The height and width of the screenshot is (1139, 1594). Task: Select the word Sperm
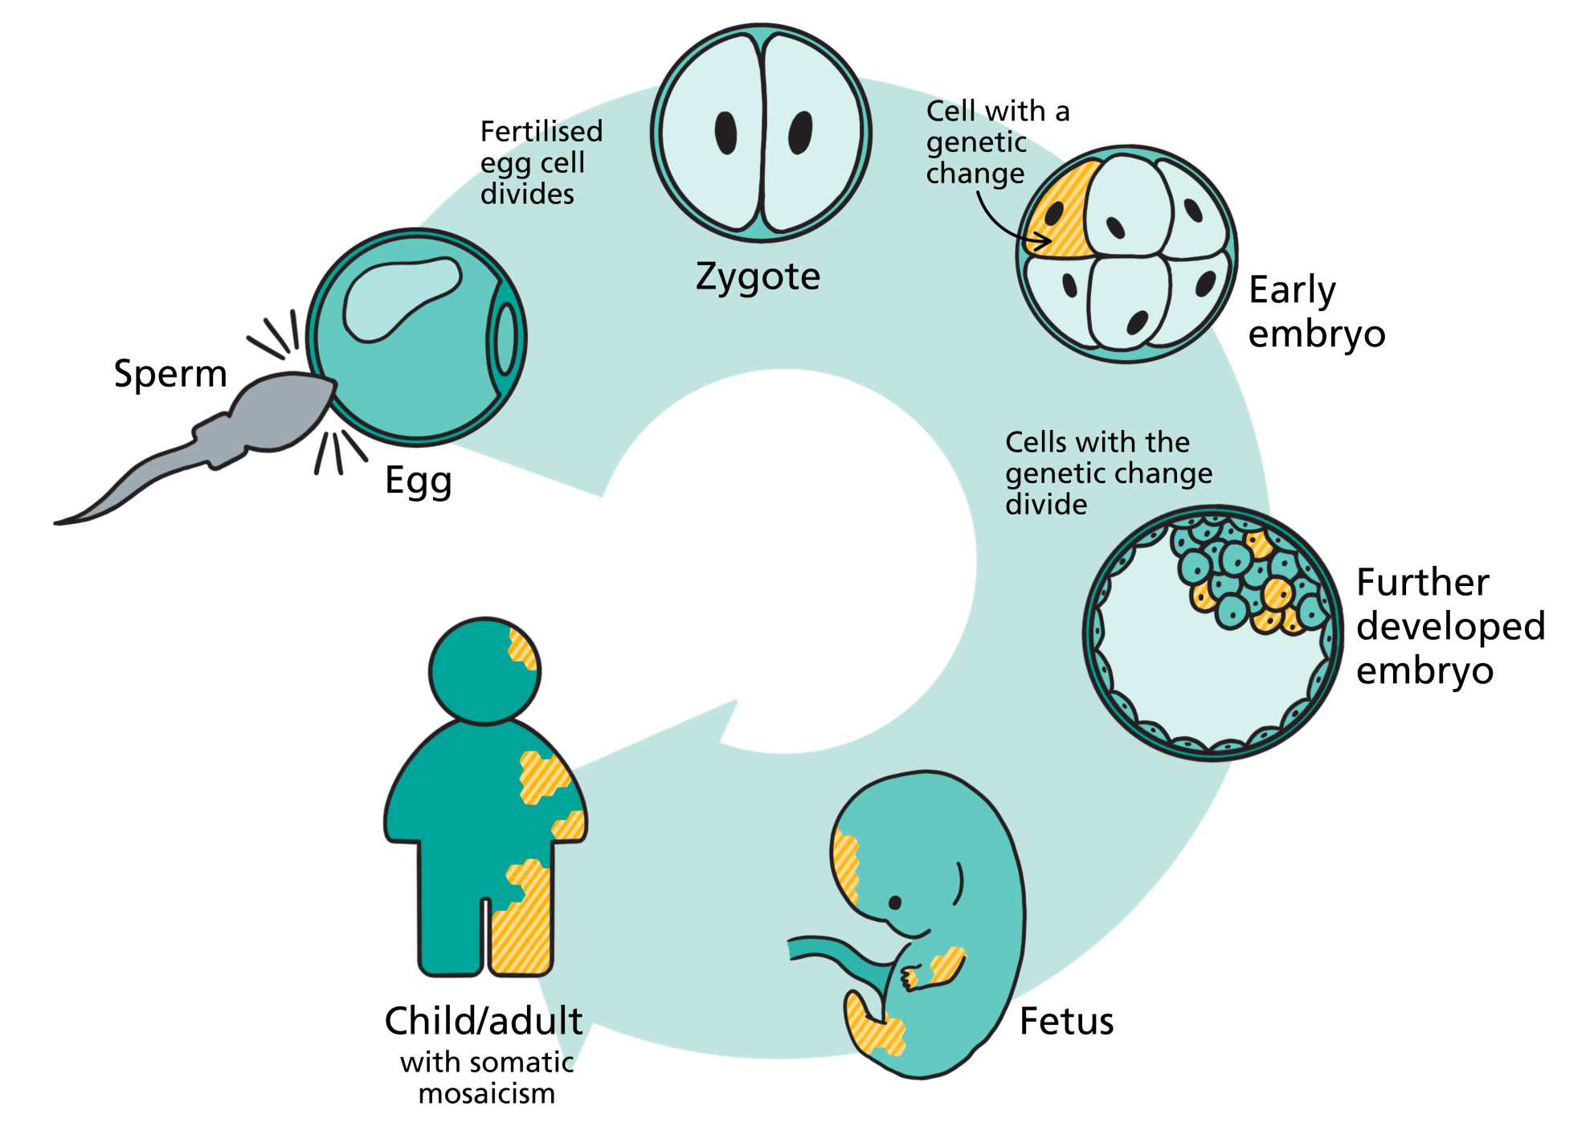[170, 375]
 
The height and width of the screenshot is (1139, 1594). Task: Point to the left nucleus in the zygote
[725, 133]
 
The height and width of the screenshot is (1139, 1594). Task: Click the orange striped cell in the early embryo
[1057, 211]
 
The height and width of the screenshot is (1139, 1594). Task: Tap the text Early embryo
[1317, 312]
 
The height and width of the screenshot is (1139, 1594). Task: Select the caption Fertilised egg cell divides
[541, 162]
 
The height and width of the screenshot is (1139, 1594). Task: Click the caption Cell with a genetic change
[998, 142]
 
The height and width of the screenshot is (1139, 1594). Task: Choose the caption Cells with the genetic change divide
[1109, 473]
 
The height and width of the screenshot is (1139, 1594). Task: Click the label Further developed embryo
[1450, 626]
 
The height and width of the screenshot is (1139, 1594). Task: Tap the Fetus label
[1066, 1022]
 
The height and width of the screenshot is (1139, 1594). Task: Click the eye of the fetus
[895, 903]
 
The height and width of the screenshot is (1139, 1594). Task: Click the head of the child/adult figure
[484, 671]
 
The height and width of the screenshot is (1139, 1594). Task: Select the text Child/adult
[484, 1022]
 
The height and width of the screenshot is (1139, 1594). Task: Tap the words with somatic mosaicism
[487, 1078]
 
